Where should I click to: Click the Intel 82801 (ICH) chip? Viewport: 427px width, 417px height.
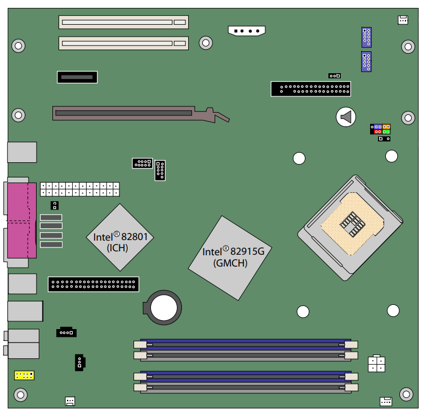(x=120, y=237)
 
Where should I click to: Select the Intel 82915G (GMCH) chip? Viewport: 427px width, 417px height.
(x=230, y=258)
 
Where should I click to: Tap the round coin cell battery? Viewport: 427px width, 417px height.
(x=163, y=308)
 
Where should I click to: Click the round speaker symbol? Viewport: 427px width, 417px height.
(x=346, y=117)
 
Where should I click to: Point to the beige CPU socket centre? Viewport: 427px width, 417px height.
(x=352, y=224)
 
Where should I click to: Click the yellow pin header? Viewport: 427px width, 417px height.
(x=24, y=375)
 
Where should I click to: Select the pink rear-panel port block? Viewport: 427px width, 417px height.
(x=22, y=221)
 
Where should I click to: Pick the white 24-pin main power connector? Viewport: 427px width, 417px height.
(x=80, y=189)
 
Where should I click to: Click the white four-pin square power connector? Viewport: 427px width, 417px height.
(x=376, y=363)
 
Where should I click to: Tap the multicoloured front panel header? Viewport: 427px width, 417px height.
(x=380, y=130)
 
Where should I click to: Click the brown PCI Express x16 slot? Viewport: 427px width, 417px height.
(x=141, y=114)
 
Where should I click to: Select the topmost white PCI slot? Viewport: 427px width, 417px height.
(x=123, y=22)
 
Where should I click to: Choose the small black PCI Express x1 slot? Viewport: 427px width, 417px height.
(x=77, y=77)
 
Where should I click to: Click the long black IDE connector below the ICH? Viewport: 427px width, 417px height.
(x=94, y=285)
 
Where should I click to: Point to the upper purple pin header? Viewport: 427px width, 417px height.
(x=367, y=37)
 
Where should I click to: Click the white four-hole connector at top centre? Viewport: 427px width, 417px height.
(x=246, y=30)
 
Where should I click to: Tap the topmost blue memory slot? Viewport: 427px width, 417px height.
(x=246, y=344)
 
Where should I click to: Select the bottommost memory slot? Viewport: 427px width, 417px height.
(x=246, y=388)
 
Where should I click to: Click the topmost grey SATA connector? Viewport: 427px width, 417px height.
(x=51, y=218)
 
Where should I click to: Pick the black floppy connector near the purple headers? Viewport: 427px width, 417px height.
(x=311, y=89)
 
